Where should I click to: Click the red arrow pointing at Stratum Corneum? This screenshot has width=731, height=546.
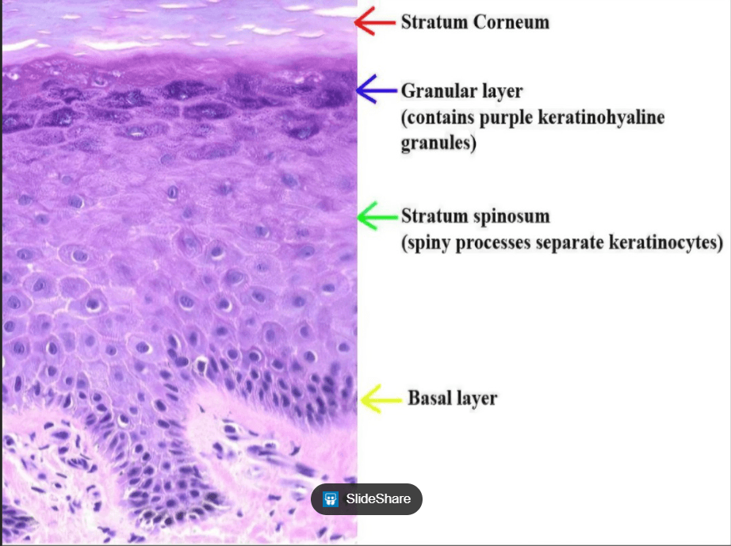pyautogui.click(x=375, y=21)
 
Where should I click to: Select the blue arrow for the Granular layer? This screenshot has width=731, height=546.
pyautogui.click(x=377, y=89)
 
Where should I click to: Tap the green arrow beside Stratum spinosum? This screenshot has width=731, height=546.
pyautogui.click(x=378, y=216)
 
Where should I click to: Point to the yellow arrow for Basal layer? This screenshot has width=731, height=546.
pyautogui.click(x=381, y=399)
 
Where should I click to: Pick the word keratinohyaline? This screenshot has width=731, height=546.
pyautogui.click(x=601, y=117)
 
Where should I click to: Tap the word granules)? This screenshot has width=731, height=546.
pyautogui.click(x=438, y=143)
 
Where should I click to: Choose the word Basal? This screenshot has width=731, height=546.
pyautogui.click(x=430, y=399)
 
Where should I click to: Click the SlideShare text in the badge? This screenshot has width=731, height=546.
pyautogui.click(x=378, y=499)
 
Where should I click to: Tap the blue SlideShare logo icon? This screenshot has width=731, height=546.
pyautogui.click(x=331, y=499)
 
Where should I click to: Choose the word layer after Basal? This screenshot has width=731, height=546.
pyautogui.click(x=476, y=399)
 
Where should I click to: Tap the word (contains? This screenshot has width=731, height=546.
pyautogui.click(x=438, y=117)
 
